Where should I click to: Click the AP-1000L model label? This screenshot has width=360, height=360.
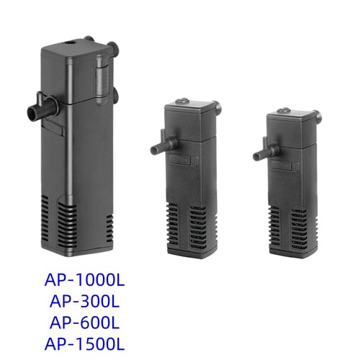[84, 280]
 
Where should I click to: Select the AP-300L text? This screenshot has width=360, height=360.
[84, 302]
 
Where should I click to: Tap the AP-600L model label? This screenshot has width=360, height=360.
[84, 323]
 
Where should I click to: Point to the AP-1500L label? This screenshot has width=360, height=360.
[84, 344]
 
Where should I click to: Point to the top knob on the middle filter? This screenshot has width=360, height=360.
[182, 101]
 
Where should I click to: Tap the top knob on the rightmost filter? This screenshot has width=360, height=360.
[284, 111]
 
